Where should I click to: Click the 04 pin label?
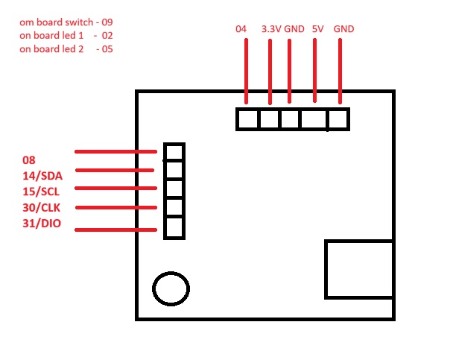click(241, 29)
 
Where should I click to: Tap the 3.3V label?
click(271, 29)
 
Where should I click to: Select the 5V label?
click(318, 29)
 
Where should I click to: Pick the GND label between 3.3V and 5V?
click(294, 29)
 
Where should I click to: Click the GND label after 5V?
click(343, 29)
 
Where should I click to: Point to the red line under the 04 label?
click(246, 71)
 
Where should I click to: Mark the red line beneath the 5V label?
click(314, 71)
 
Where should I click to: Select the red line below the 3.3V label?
click(270, 72)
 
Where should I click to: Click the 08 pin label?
click(29, 160)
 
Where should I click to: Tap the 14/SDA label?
click(42, 176)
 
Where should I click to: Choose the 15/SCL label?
click(41, 192)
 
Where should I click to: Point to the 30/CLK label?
click(42, 207)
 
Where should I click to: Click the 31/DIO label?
click(42, 224)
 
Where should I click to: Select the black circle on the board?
click(171, 272)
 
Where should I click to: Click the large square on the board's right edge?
click(326, 269)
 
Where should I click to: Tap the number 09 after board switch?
click(107, 22)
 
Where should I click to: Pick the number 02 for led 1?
click(107, 36)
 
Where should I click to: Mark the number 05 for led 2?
click(107, 49)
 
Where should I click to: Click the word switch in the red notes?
click(79, 22)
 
